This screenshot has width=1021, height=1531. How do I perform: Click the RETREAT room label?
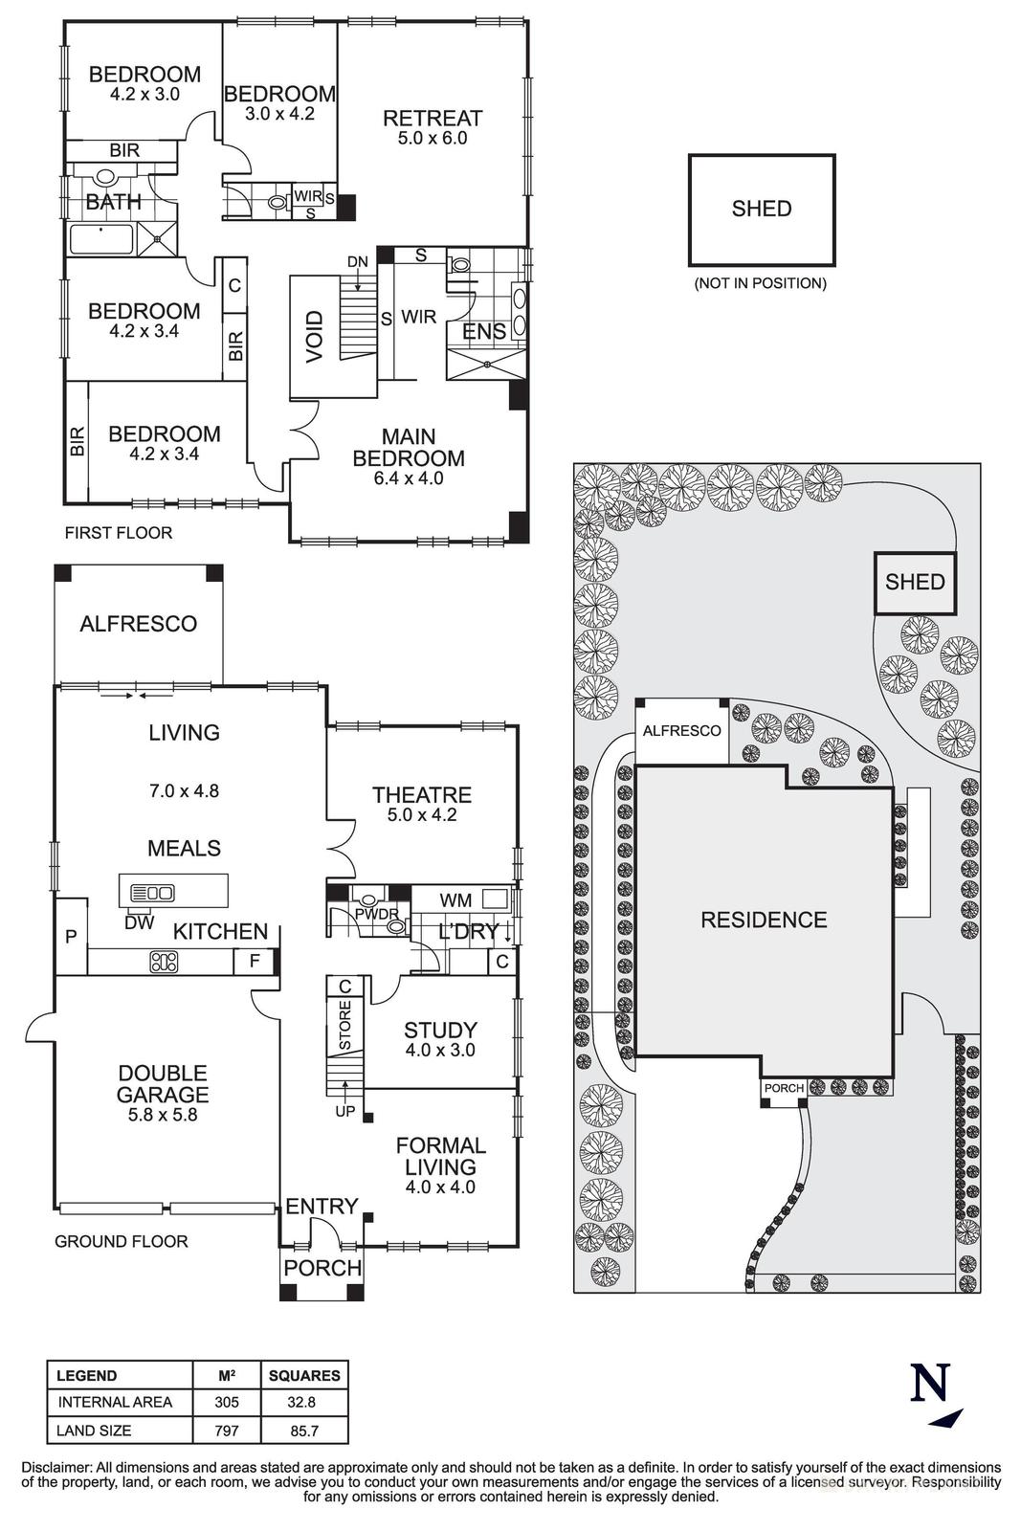click(433, 119)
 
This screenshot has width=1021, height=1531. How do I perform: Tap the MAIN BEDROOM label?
click(409, 448)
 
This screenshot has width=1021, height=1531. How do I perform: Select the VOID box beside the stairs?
click(315, 337)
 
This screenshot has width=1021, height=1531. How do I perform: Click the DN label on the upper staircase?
click(357, 261)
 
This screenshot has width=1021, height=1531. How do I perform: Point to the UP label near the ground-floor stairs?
click(344, 1112)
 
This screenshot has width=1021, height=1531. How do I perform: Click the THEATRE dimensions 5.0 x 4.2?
click(422, 816)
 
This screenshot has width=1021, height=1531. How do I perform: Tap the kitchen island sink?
click(153, 893)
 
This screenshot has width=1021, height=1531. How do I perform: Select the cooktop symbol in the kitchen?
click(164, 962)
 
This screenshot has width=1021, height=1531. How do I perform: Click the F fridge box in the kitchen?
click(255, 961)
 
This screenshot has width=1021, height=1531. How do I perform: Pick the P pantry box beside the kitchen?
click(71, 937)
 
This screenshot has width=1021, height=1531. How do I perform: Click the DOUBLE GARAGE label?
click(163, 1084)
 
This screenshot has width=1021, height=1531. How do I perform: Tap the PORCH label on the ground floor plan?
click(322, 1268)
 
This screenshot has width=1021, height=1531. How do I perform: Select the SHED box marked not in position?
click(762, 210)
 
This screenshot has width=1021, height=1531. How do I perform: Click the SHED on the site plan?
click(915, 582)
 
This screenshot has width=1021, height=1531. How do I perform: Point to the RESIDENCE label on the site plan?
click(764, 921)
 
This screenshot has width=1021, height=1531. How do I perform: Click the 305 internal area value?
click(227, 1402)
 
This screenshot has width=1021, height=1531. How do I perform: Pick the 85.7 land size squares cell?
click(304, 1431)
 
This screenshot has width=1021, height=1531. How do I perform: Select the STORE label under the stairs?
click(345, 1023)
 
